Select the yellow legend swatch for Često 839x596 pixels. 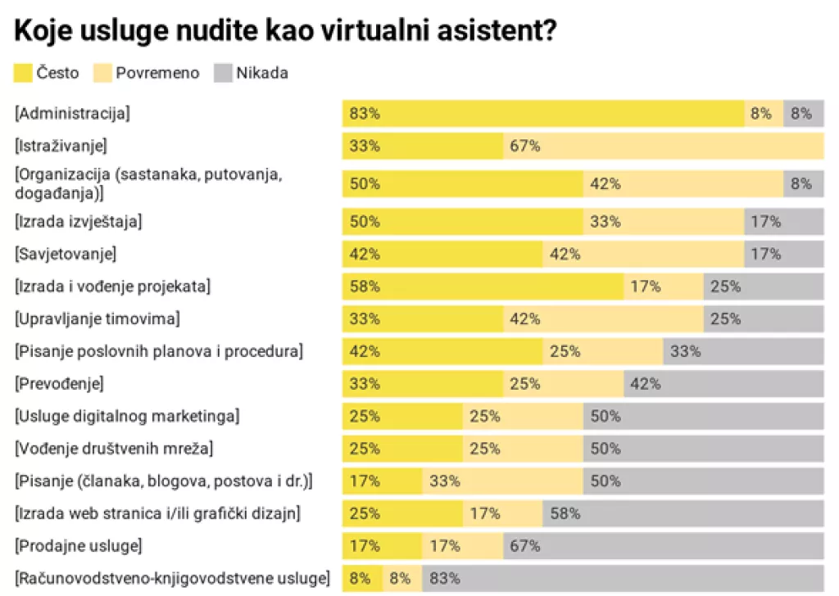click(x=24, y=73)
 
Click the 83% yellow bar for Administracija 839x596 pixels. click(x=542, y=114)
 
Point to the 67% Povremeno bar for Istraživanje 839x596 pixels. click(x=663, y=147)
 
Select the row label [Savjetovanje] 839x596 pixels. click(x=66, y=253)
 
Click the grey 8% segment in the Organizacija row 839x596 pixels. click(x=803, y=184)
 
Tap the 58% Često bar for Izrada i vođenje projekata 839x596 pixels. click(x=483, y=287)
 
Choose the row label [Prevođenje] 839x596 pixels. click(x=60, y=383)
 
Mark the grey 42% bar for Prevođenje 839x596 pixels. click(x=723, y=383)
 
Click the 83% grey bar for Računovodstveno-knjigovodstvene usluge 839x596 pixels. click(x=623, y=579)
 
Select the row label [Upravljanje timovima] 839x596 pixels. click(x=98, y=318)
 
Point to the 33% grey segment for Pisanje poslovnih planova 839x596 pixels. click(x=743, y=351)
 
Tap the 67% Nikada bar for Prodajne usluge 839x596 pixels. click(x=663, y=546)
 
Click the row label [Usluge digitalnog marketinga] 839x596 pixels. click(x=127, y=416)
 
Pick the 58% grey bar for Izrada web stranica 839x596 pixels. click(x=683, y=514)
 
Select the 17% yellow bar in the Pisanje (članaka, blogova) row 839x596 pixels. click(x=382, y=481)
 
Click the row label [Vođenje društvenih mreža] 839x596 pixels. click(x=114, y=449)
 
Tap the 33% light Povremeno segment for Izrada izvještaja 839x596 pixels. click(x=663, y=221)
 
